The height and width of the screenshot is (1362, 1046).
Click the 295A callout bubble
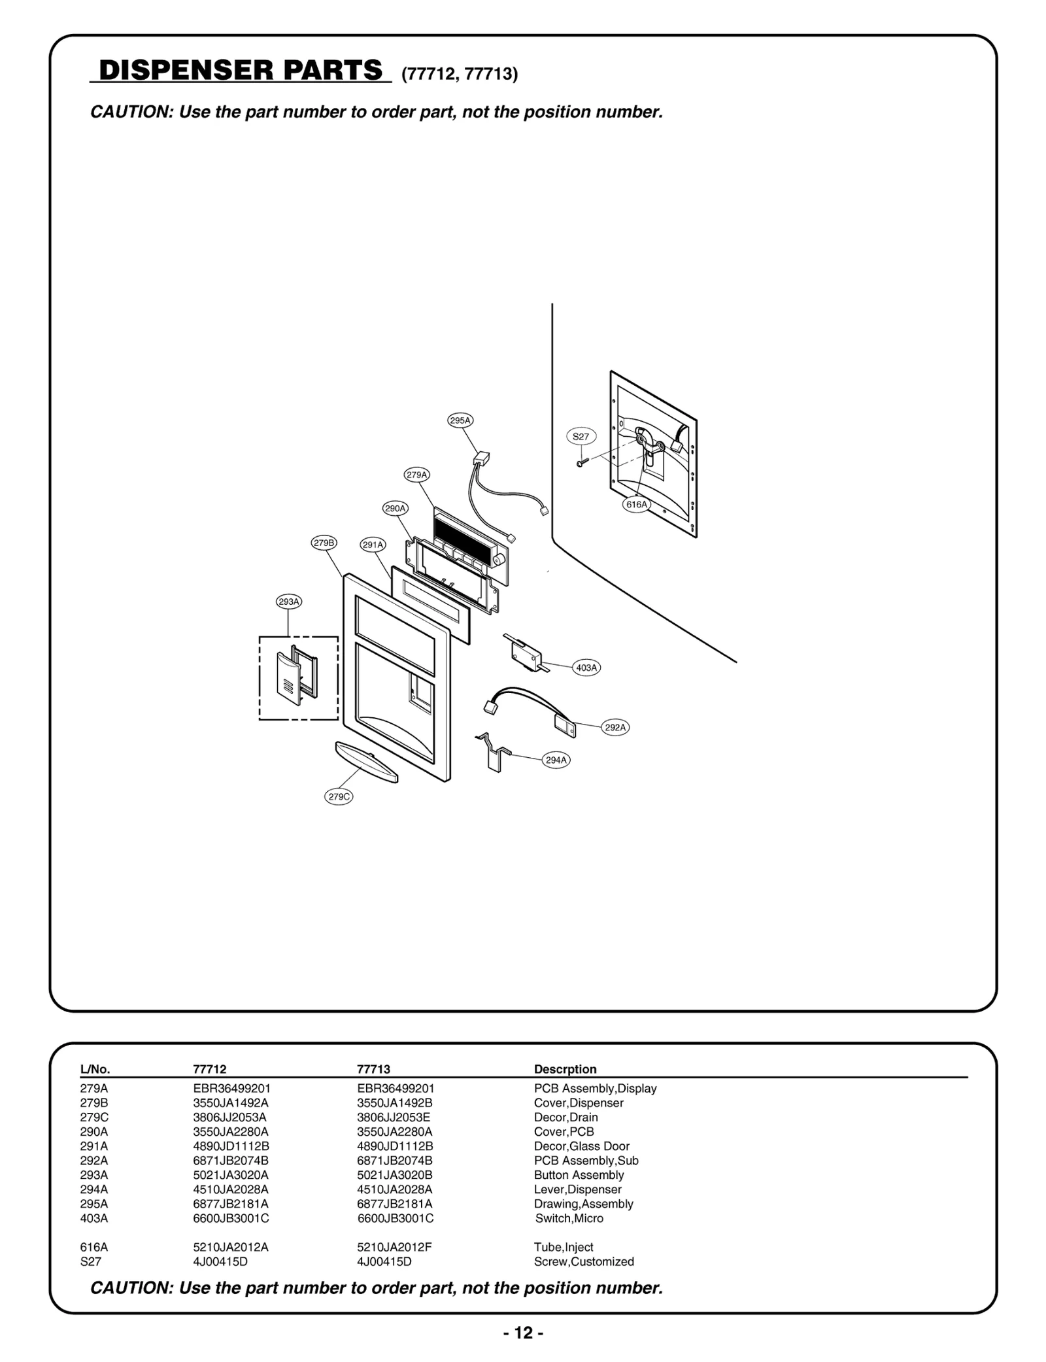pos(460,420)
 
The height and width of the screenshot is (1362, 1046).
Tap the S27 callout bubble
pos(581,436)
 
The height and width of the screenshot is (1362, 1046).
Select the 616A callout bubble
pos(636,504)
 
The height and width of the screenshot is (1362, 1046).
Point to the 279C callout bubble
pos(339,796)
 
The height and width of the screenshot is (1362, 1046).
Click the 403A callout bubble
pos(586,668)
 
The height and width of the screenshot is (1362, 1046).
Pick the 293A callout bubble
pos(288,602)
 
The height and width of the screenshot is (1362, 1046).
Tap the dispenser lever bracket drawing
pos(494,753)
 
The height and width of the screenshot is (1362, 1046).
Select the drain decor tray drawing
pos(366,762)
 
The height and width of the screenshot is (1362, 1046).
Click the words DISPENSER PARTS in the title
pos(240,71)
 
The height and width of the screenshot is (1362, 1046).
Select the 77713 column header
pos(373,1069)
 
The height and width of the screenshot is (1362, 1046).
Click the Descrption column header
pos(565,1069)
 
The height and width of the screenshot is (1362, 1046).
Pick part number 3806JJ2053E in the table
pos(393,1117)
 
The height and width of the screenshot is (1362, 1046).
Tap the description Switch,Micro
pos(569,1218)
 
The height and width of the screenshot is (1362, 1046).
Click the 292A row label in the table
pos(93,1161)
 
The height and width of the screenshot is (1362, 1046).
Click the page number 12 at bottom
pos(523,1333)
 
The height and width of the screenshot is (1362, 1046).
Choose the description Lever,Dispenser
pos(577,1189)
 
